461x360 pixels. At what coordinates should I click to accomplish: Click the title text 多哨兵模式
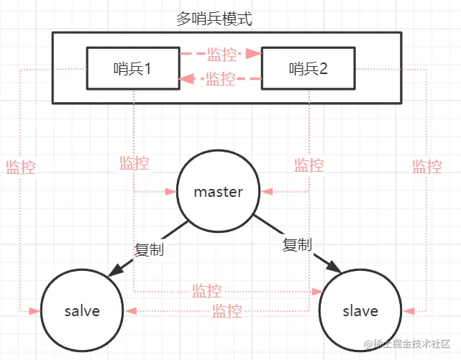coord(214,19)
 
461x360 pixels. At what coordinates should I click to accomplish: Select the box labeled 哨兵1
coord(132,69)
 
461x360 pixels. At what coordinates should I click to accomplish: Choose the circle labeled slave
coord(360,310)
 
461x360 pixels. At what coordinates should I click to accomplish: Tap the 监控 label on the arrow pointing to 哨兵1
coord(220,80)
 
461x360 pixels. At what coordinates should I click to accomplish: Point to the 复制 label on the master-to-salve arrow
coord(149,250)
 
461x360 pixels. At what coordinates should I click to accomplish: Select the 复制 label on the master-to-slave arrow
coord(297,245)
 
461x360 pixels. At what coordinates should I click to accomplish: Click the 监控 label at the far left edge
coord(20,167)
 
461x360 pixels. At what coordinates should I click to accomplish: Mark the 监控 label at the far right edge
coord(426,167)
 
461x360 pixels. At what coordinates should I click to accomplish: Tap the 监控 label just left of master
coord(134,163)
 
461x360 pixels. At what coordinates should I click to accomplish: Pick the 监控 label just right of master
coord(309,165)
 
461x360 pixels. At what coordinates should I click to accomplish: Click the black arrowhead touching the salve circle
coord(114,274)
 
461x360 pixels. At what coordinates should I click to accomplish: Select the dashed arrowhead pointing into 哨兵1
coord(185,80)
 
